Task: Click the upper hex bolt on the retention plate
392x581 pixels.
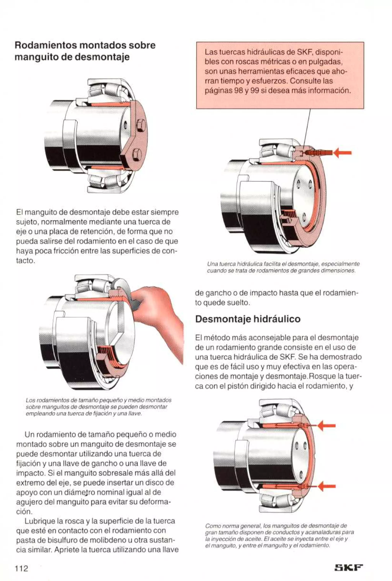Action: tap(141, 124)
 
